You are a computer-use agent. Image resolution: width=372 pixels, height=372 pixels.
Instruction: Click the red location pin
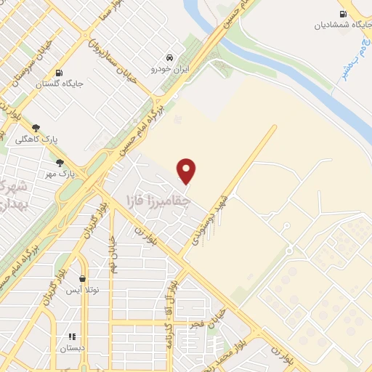click(x=187, y=171)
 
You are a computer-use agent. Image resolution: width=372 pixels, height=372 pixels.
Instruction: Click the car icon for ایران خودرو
click(x=169, y=57)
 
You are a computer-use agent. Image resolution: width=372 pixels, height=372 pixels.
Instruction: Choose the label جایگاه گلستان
click(x=60, y=84)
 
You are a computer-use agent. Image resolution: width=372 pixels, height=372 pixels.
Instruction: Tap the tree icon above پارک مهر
click(x=59, y=163)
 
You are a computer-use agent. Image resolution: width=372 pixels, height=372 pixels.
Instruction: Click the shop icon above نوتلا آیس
click(x=82, y=278)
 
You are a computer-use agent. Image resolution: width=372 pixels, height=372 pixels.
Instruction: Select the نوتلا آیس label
click(x=81, y=290)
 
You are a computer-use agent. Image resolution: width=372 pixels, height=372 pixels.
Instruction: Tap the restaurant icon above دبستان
click(x=72, y=336)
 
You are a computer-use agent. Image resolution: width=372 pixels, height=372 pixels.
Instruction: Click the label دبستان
click(x=72, y=348)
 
